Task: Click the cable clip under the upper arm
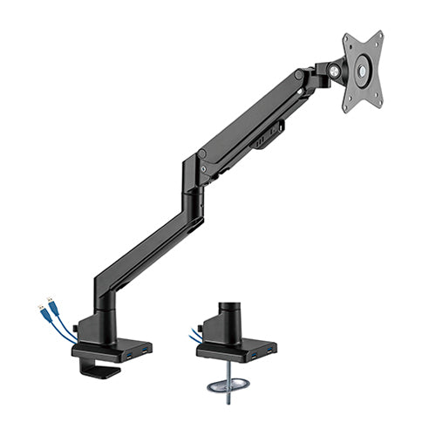(272, 136)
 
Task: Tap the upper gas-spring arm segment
(253, 122)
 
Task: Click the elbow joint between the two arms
(193, 174)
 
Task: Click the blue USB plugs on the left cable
(49, 309)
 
